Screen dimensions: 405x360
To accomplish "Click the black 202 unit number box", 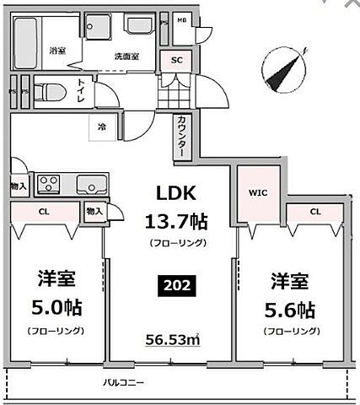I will tap(179, 286).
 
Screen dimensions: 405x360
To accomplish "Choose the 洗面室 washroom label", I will tap(127, 57).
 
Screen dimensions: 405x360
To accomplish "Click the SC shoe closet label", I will tap(177, 60).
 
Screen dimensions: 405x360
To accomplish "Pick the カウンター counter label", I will tap(181, 136).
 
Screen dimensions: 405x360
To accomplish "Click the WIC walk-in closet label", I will tap(256, 192).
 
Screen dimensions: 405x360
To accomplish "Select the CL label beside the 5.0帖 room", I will tap(44, 213).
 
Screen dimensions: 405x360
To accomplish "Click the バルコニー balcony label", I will tap(124, 382).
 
